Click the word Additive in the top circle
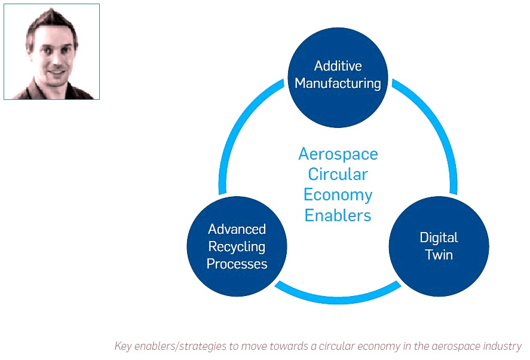point(338,66)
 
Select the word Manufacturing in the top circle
point(338,83)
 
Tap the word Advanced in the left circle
point(237,229)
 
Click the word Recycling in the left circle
point(237,246)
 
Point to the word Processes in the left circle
point(237,264)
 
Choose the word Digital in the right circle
point(439,238)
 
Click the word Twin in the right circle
point(439,255)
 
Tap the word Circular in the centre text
point(338,174)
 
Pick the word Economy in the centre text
point(338,195)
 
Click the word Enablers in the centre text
point(338,215)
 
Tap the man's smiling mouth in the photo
point(56,72)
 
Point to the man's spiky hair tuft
point(47,15)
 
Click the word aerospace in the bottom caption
point(456,346)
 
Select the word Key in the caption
point(122,346)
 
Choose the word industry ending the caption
point(503,346)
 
